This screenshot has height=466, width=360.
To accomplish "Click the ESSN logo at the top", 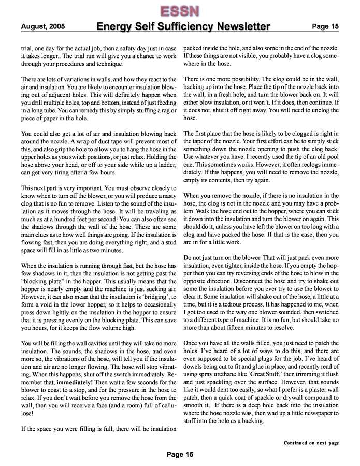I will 180,10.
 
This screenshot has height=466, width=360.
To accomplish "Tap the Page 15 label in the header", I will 325,26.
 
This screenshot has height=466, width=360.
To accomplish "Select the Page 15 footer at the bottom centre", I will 180,454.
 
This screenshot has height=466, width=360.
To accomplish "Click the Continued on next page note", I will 311,443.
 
